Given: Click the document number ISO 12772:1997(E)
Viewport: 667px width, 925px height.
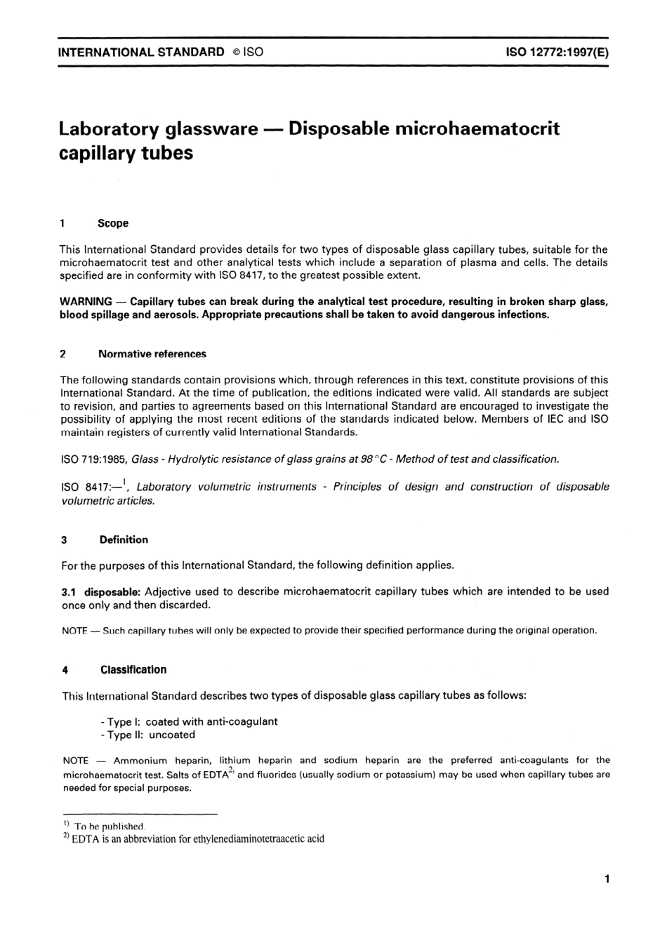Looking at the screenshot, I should point(557,52).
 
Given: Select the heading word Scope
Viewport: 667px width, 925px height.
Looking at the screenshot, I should point(113,223).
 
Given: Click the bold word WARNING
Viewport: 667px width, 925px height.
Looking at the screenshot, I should point(86,302).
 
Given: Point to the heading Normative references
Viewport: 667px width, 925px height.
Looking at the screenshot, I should point(152,354).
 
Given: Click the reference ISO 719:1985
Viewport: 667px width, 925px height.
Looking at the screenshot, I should point(93,459).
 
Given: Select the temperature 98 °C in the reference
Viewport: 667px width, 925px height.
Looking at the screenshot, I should point(374,459).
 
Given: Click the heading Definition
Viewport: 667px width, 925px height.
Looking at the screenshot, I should point(124,540).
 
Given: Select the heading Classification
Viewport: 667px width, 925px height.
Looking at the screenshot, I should point(133,670).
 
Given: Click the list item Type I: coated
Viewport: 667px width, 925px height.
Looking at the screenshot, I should point(189,721).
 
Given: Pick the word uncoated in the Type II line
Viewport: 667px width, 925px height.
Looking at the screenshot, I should point(172,735).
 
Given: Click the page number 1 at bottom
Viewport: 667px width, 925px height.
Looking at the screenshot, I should point(606,879).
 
